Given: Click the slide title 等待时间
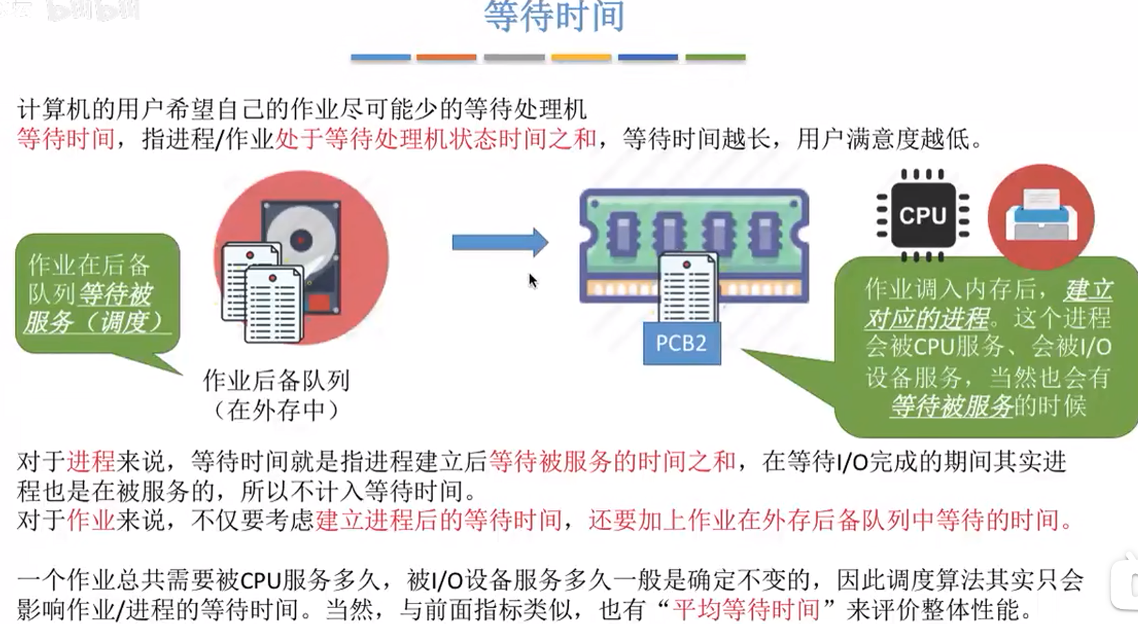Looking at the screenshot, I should pyautogui.click(x=554, y=16).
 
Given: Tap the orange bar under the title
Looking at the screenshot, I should pyautogui.click(x=446, y=58).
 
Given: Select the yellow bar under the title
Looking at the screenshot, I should pyautogui.click(x=581, y=58).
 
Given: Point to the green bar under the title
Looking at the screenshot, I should pyautogui.click(x=715, y=58).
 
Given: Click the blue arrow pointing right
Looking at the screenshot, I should pyautogui.click(x=500, y=242).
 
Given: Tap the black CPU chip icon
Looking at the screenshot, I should pyautogui.click(x=922, y=216).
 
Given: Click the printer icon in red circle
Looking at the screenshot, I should pyautogui.click(x=1041, y=215).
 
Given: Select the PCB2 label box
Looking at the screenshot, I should pyautogui.click(x=681, y=343).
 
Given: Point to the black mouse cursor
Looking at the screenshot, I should pyautogui.click(x=533, y=280).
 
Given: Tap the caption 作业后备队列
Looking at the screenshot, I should pyautogui.click(x=276, y=380).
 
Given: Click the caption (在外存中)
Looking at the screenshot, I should pyautogui.click(x=276, y=410).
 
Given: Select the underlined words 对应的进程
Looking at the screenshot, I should pyautogui.click(x=927, y=319).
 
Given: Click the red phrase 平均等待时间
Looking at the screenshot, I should pyautogui.click(x=746, y=609).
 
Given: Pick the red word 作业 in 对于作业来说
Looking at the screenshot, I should pyautogui.click(x=91, y=520).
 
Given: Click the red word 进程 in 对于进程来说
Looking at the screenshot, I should pyautogui.click(x=91, y=461).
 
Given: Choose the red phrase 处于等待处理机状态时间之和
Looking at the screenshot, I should pyautogui.click(x=436, y=139).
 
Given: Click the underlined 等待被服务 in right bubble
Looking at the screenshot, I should pyautogui.click(x=951, y=407).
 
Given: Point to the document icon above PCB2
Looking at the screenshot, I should pyautogui.click(x=688, y=288).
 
